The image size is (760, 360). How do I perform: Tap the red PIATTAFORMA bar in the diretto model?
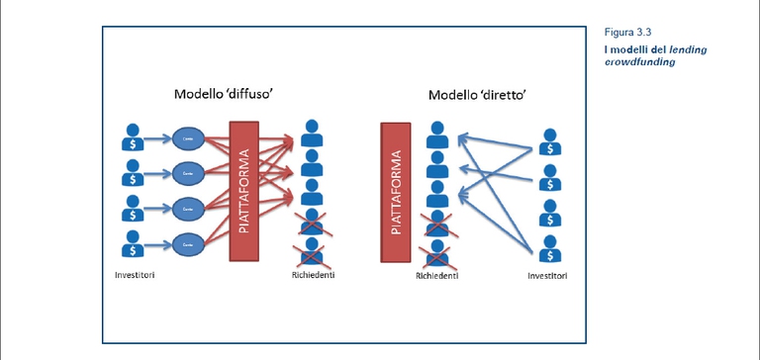click(396, 194)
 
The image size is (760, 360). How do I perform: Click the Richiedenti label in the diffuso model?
click(313, 274)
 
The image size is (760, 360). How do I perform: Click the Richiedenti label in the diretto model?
click(436, 276)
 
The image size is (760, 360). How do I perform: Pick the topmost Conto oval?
click(187, 138)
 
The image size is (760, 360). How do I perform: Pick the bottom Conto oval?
click(187, 242)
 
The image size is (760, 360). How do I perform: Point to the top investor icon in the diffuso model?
click(132, 137)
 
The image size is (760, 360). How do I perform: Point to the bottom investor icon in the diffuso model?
click(132, 242)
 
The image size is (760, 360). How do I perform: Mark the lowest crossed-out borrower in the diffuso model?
click(313, 251)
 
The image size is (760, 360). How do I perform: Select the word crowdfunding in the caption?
click(639, 61)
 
